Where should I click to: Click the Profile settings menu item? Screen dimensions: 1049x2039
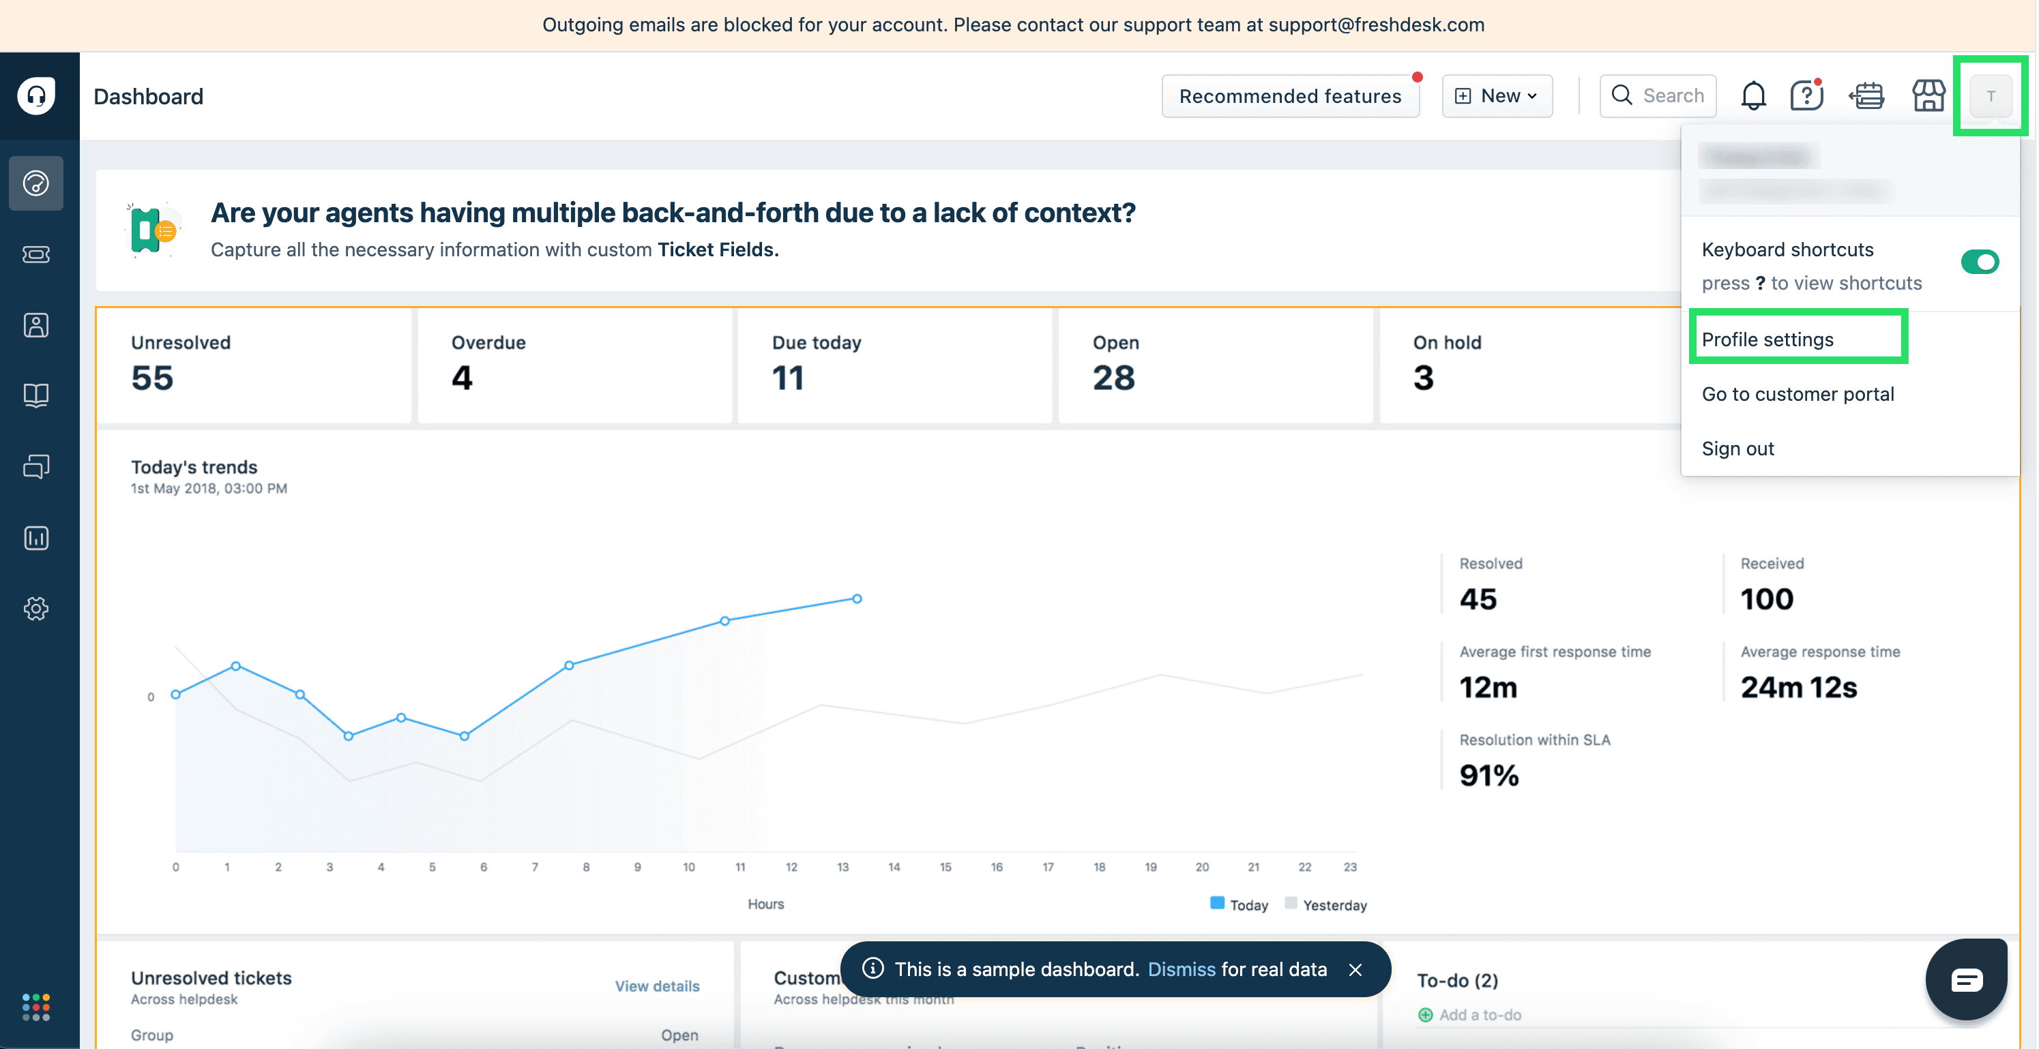point(1767,339)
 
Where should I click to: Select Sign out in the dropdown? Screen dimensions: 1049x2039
point(1737,449)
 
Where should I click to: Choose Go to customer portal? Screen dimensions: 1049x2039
point(1797,394)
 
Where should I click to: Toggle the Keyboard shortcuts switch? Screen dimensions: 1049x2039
point(1979,262)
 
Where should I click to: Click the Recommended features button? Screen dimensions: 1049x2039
point(1289,95)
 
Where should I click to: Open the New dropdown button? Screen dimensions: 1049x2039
point(1497,95)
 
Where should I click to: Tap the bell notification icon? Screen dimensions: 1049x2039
point(1753,95)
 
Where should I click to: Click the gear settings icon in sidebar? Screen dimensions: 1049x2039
point(36,609)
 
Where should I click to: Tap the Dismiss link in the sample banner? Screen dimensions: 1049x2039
point(1181,969)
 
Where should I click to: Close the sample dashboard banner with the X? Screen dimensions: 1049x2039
point(1355,969)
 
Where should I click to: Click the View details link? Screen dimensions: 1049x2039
point(657,986)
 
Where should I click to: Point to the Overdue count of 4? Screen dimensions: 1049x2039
point(463,378)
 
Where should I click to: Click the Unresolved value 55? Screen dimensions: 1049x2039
point(152,378)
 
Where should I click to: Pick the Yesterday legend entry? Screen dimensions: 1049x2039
point(1334,905)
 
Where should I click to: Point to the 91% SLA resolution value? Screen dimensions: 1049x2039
point(1489,775)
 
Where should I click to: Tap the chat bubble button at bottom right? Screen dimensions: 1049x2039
point(1966,980)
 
